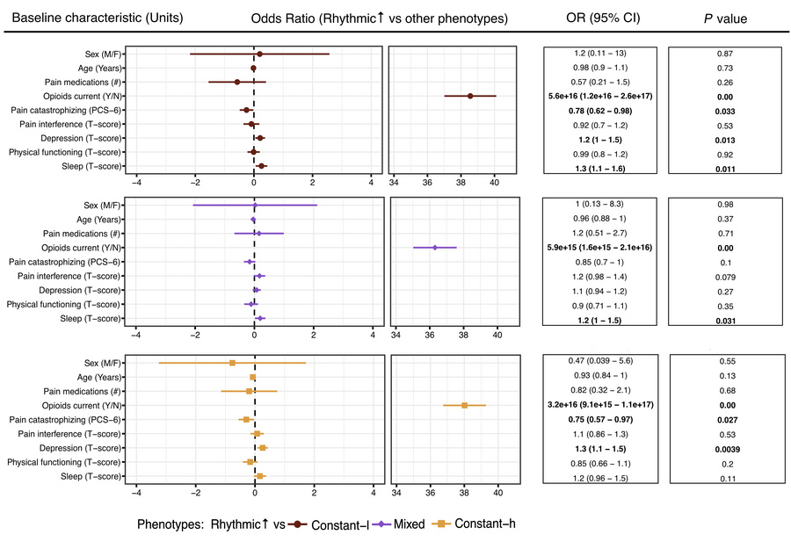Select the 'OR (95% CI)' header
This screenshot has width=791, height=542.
click(x=595, y=18)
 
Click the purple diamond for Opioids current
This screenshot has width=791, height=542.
click(x=435, y=248)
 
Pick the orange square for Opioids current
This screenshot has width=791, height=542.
click(x=465, y=405)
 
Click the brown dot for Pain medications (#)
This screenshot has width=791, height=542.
click(x=237, y=82)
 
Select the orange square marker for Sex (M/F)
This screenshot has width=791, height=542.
click(x=232, y=363)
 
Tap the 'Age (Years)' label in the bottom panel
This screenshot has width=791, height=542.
click(x=98, y=377)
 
